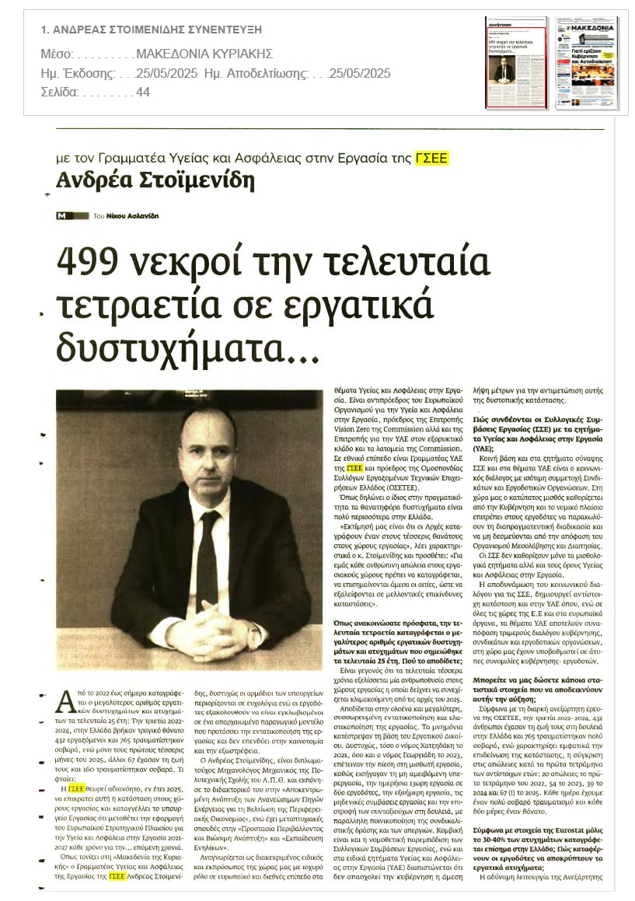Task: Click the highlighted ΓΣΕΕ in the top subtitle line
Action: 432,158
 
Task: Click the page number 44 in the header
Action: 143,92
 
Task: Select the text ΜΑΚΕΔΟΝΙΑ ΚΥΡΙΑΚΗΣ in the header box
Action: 204,54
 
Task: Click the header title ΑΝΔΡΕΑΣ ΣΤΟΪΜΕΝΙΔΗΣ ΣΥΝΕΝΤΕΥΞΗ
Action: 152,30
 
